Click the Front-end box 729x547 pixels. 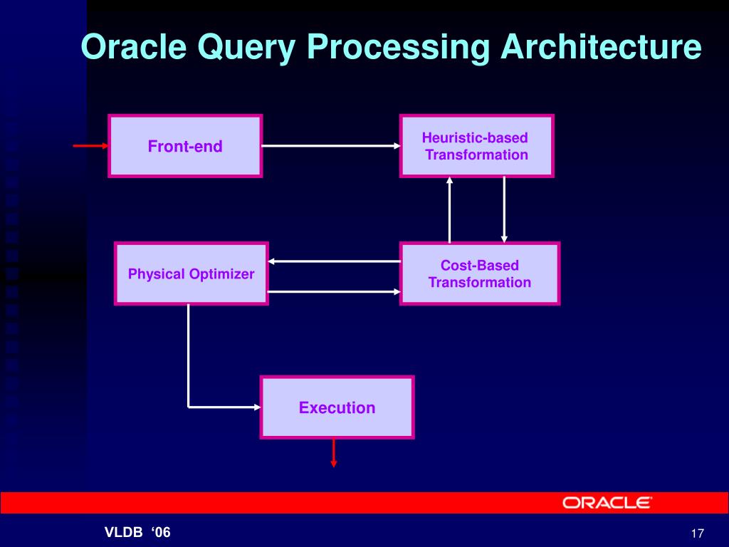(x=185, y=146)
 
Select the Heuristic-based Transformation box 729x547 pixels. (x=476, y=146)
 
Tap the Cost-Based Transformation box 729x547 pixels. (x=479, y=273)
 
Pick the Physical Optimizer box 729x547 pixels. (x=191, y=273)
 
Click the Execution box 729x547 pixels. (x=337, y=407)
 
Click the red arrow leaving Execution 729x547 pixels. (x=333, y=453)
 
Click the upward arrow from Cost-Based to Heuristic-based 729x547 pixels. (x=449, y=209)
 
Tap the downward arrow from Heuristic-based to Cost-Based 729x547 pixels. (x=504, y=209)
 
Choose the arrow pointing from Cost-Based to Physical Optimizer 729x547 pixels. (x=334, y=261)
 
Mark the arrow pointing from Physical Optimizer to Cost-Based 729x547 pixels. (x=334, y=291)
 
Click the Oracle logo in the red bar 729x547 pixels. (x=607, y=503)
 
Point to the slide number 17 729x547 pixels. (x=697, y=534)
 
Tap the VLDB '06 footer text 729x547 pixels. (x=138, y=533)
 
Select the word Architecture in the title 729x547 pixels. (x=600, y=48)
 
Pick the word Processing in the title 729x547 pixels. (x=399, y=48)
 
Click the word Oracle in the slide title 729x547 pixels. (x=133, y=48)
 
